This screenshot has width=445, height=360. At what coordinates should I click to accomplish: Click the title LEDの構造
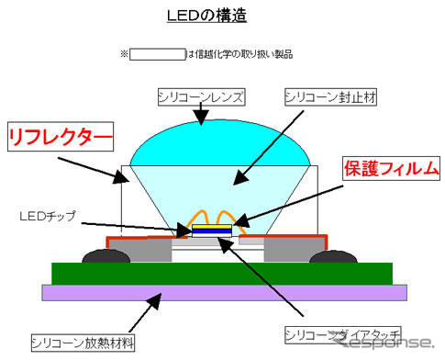(x=221, y=16)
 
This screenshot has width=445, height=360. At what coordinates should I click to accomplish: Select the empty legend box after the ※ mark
(x=157, y=53)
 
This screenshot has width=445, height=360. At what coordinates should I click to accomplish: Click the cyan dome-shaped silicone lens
(x=220, y=147)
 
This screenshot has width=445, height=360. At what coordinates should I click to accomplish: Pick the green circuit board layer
(x=220, y=273)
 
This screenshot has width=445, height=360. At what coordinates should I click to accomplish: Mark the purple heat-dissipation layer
(x=220, y=292)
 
